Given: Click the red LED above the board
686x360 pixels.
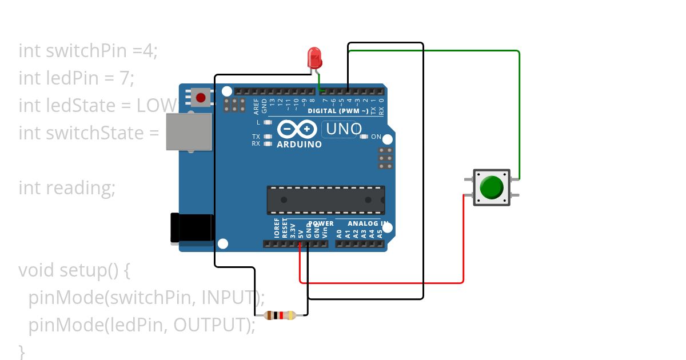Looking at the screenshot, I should click(314, 57).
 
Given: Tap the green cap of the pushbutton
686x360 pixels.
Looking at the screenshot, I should click(491, 187).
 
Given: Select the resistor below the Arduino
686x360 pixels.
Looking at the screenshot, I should click(280, 315).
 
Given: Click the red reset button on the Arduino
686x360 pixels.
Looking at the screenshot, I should click(201, 98).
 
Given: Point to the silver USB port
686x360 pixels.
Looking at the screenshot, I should click(189, 131).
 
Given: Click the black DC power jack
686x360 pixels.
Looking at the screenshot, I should click(193, 229).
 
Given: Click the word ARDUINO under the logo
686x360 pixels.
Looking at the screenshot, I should click(299, 145).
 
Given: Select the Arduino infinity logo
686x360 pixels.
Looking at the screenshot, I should click(297, 130).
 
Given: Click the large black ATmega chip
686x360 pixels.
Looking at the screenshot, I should click(326, 200).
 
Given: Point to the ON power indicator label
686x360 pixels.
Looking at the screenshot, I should click(376, 137).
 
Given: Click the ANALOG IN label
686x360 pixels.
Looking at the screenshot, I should click(368, 223).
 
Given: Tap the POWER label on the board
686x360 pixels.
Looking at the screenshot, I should click(321, 223).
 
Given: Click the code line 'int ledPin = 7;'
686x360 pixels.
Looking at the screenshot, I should click(76, 78).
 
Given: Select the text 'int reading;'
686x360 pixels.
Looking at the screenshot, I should click(67, 187).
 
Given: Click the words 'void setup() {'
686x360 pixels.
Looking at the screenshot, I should click(74, 270).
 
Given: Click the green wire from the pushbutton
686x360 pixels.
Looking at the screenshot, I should click(519, 114).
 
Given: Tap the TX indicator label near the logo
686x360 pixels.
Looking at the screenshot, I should click(256, 137).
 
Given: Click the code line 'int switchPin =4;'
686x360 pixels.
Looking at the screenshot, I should click(87, 50).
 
